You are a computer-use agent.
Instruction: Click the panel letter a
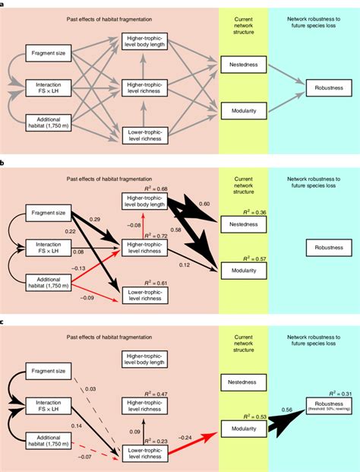point(3,3)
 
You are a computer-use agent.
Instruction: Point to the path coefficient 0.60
point(204,203)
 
